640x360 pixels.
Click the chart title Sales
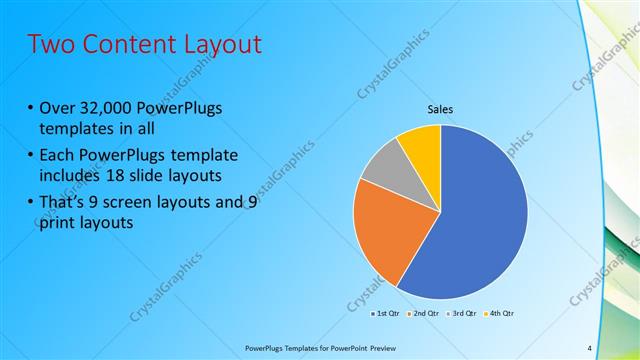pos(440,109)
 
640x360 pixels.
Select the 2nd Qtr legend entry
pos(423,314)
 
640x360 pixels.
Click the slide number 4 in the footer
pos(589,348)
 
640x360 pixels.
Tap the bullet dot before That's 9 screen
pos(30,202)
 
